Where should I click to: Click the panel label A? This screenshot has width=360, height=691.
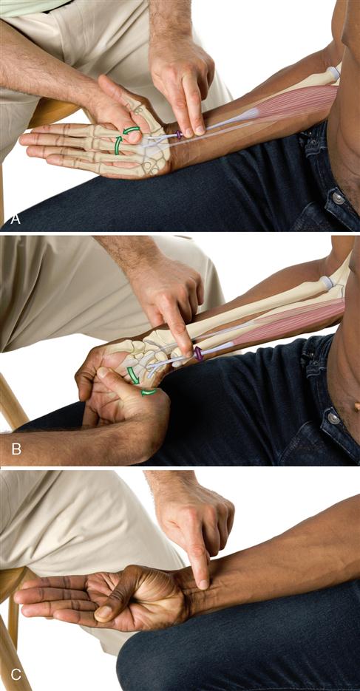[x=15, y=219]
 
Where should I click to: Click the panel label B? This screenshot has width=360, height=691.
[x=16, y=449]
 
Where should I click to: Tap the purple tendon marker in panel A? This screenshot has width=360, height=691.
[x=179, y=134]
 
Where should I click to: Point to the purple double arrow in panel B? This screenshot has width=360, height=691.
[x=198, y=353]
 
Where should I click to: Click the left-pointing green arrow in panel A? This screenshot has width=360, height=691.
[x=132, y=129]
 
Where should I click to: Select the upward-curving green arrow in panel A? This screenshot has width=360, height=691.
[x=118, y=146]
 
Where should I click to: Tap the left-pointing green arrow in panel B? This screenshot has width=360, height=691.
[x=149, y=392]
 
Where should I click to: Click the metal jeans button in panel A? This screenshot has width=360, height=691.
[x=339, y=198]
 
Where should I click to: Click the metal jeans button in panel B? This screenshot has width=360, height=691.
[x=333, y=417]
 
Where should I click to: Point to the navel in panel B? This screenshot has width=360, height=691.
[x=356, y=406]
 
